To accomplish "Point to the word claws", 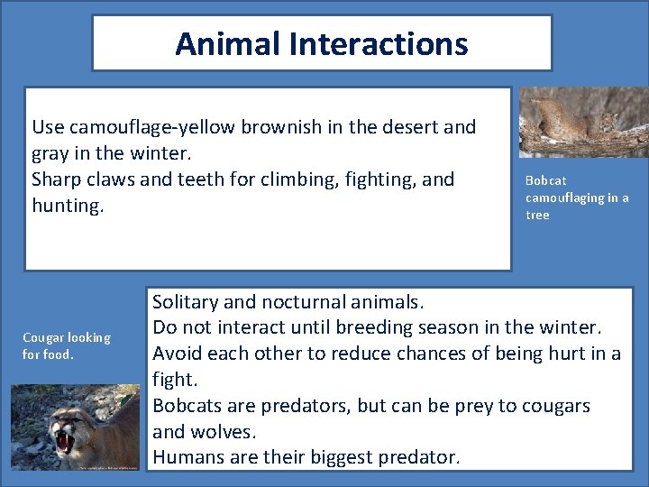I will tap(110, 179).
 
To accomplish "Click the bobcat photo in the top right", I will tap(583, 122).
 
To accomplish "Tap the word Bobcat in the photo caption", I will tap(545, 180).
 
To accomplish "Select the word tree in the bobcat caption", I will tap(537, 215).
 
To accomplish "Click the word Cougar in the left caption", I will tap(43, 337).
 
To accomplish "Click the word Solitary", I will tap(188, 301).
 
